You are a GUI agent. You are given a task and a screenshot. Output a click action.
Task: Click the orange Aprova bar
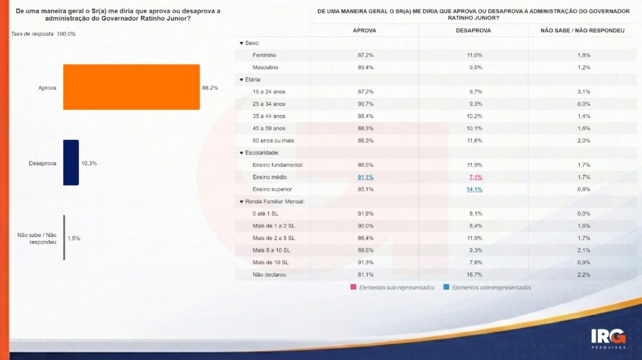point(131,87)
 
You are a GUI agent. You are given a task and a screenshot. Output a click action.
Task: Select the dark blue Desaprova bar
point(71,162)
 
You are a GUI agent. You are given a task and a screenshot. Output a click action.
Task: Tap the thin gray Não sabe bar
point(64,238)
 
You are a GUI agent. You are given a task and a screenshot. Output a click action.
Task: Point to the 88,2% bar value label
point(210,88)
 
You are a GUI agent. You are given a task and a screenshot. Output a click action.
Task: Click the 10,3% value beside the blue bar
point(89,163)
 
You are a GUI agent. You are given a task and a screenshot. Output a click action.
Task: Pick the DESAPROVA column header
point(473,30)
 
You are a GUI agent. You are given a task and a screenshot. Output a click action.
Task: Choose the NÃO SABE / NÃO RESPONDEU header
point(583,30)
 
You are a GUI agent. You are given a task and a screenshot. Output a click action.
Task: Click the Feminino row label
point(265,55)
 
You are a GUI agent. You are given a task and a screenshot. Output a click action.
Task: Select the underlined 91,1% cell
point(366,177)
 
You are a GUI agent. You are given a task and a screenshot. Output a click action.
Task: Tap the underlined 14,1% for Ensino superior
point(474,189)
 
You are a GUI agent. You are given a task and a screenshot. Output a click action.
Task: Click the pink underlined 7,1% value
point(475,177)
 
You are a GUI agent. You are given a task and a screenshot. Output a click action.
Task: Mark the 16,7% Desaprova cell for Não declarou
point(475,275)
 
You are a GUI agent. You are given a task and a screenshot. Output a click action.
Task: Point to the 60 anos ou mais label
point(273,140)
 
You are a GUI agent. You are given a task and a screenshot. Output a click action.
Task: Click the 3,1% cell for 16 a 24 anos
point(583,92)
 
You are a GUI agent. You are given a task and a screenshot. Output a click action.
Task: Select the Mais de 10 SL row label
point(270,262)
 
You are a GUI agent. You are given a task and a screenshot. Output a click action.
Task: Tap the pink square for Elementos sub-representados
point(354,287)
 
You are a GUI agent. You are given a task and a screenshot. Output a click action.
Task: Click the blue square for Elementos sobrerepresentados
point(446,287)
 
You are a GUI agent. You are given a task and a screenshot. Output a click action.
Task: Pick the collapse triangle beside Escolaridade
point(241,152)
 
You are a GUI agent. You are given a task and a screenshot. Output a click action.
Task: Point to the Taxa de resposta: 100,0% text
point(43,33)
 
